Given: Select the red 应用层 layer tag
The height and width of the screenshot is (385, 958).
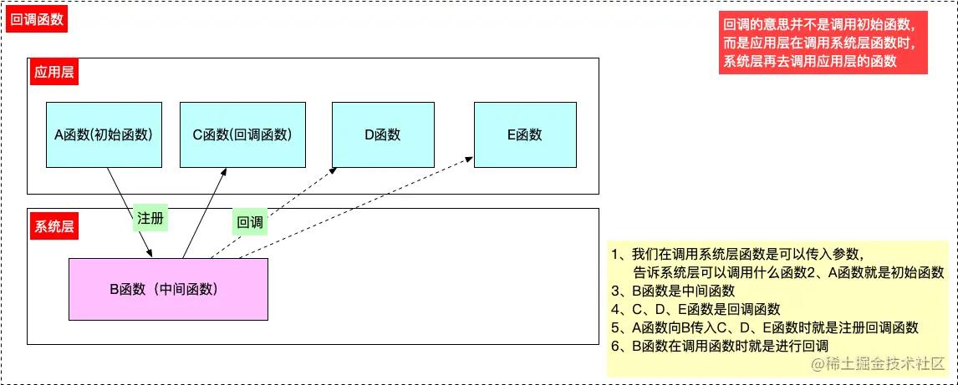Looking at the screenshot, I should point(54,72).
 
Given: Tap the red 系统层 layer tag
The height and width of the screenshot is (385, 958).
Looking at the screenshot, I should point(54,225).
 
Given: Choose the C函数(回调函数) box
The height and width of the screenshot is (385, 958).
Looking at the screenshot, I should point(231,134).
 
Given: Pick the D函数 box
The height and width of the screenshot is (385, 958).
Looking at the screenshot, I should point(382,134).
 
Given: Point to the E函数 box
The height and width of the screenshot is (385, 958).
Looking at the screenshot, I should point(524,134).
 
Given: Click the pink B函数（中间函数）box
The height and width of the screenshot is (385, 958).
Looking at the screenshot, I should point(168,289).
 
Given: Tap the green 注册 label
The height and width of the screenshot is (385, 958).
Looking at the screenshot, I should point(150,219).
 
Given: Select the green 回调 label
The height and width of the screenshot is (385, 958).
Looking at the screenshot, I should point(250,222).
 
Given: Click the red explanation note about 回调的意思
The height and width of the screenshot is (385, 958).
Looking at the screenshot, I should point(823,43).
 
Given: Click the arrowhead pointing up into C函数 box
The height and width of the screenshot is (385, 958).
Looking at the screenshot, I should point(224,171).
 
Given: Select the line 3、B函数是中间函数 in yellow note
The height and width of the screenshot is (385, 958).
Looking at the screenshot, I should point(673,291).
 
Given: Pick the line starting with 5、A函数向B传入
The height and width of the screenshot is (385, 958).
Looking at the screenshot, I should point(765,327).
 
